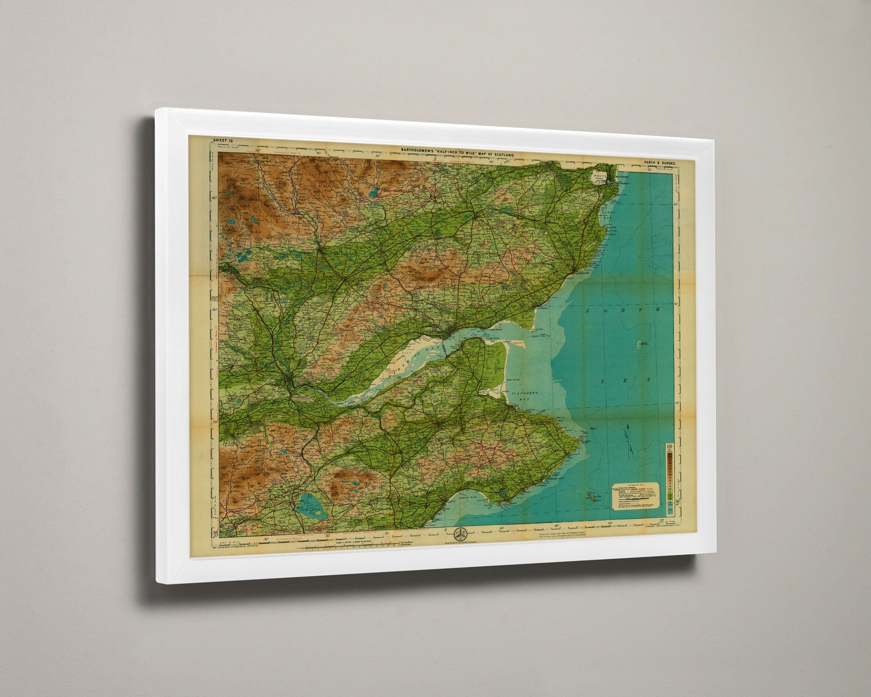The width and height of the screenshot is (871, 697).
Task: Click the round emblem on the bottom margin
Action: [x=459, y=533]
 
